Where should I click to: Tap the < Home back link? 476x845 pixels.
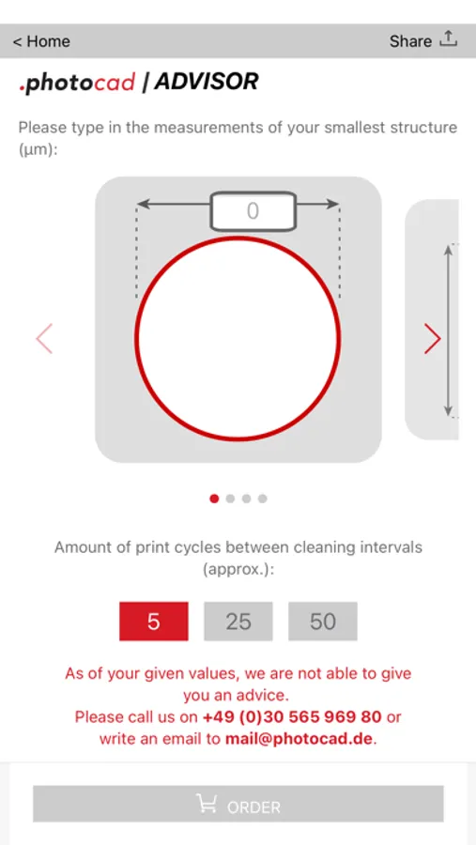pyautogui.click(x=41, y=41)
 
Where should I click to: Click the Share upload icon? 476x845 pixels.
pyautogui.click(x=448, y=38)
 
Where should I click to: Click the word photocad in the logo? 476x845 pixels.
pyautogui.click(x=77, y=83)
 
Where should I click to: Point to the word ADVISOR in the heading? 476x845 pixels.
pyautogui.click(x=207, y=82)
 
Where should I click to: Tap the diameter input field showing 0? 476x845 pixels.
pyautogui.click(x=253, y=210)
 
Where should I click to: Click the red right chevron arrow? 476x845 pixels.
pyautogui.click(x=432, y=338)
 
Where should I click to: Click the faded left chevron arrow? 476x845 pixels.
pyautogui.click(x=44, y=338)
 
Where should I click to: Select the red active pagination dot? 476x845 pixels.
pyautogui.click(x=214, y=499)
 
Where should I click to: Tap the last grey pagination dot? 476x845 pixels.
pyautogui.click(x=263, y=499)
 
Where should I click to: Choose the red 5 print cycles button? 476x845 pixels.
pyautogui.click(x=154, y=622)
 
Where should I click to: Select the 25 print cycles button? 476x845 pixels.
pyautogui.click(x=238, y=622)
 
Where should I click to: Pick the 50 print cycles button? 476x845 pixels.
pyautogui.click(x=323, y=622)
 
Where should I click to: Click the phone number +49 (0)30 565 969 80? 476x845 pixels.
pyautogui.click(x=292, y=716)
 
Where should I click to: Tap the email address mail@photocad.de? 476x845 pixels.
pyautogui.click(x=299, y=738)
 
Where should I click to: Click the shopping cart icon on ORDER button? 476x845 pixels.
pyautogui.click(x=206, y=804)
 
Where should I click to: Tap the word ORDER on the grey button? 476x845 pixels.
pyautogui.click(x=253, y=807)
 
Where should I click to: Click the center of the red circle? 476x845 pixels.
pyautogui.click(x=238, y=338)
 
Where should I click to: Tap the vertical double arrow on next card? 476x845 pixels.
pyautogui.click(x=448, y=330)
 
